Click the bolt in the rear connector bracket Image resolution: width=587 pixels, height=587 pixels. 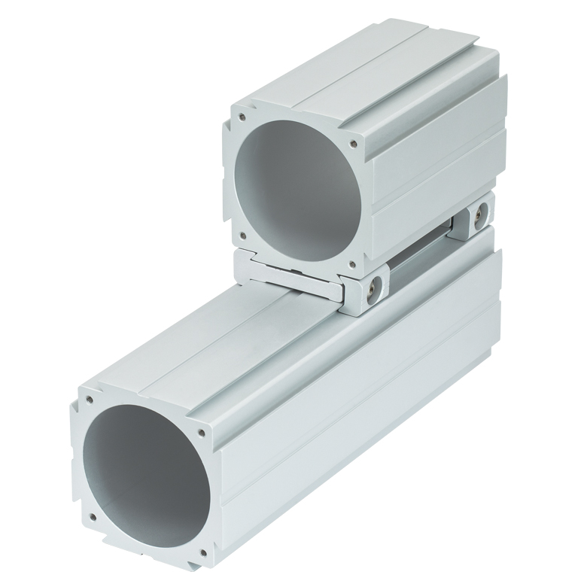[x=476, y=217]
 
